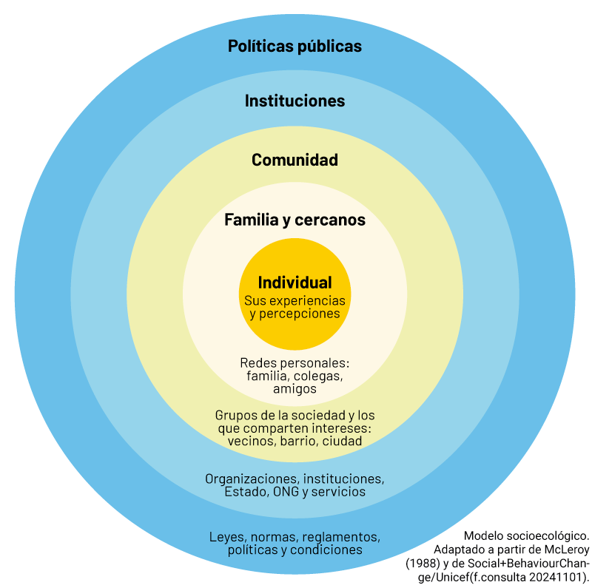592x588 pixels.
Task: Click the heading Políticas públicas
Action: (x=295, y=46)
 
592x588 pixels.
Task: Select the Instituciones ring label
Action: (x=295, y=101)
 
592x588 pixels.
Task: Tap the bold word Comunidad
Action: (x=295, y=160)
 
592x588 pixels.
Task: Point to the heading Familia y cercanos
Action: (x=295, y=220)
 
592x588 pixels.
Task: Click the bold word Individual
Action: (x=295, y=283)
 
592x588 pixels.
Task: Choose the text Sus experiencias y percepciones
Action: (x=295, y=307)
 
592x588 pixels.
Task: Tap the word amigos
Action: (x=295, y=388)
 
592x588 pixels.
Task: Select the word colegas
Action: (x=319, y=376)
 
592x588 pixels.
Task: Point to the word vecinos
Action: (x=251, y=441)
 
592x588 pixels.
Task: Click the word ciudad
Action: (x=342, y=441)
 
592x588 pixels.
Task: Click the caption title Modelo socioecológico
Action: (x=526, y=535)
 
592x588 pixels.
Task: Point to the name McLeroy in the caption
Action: (x=562, y=549)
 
